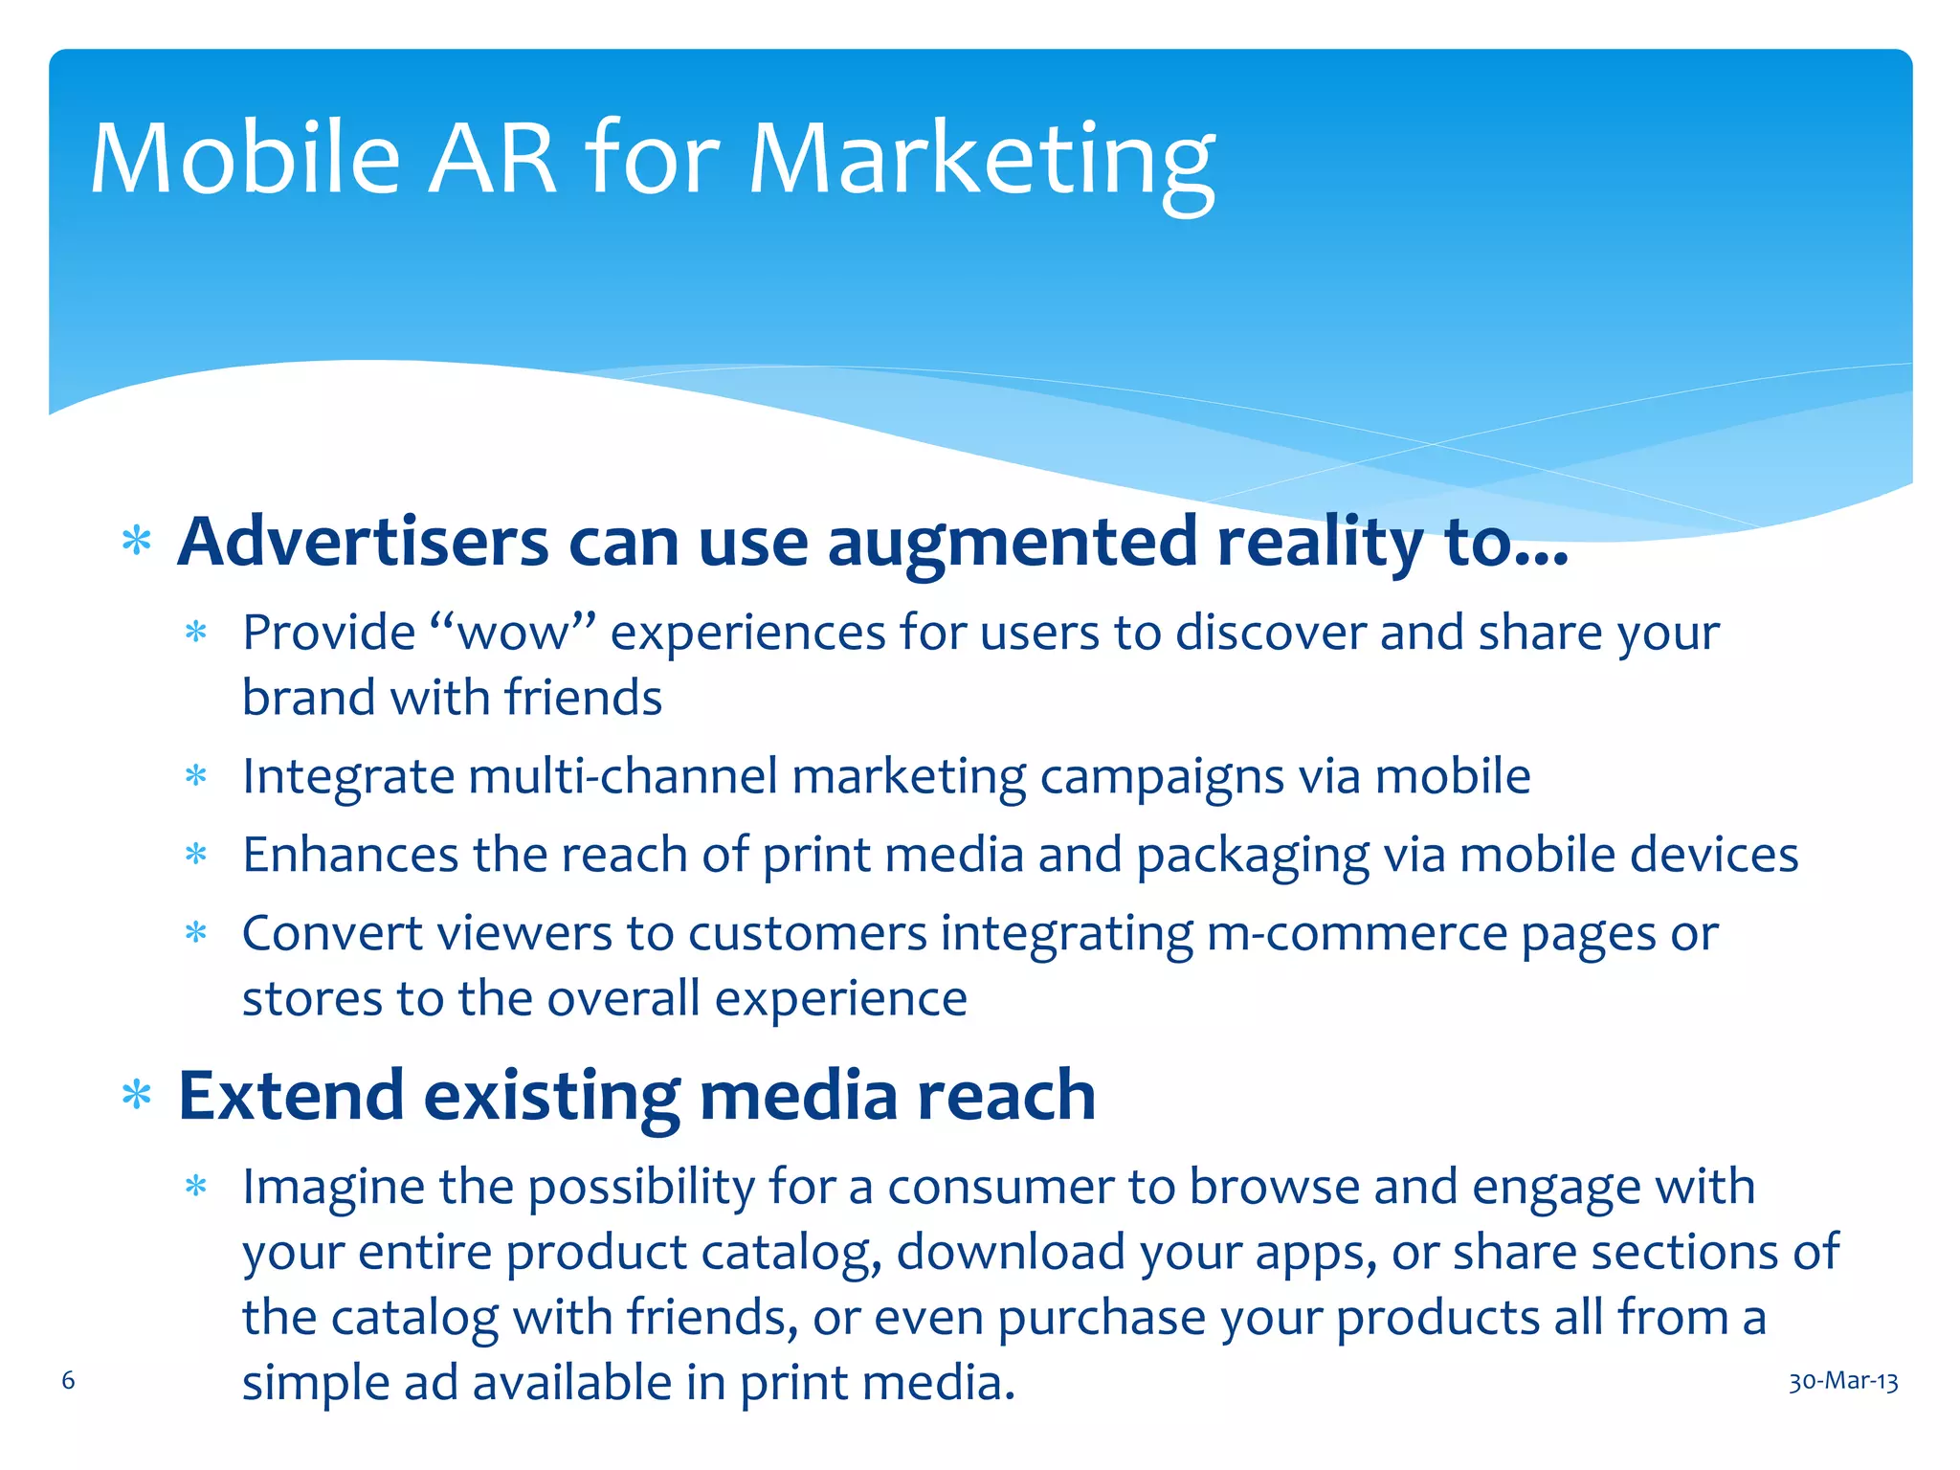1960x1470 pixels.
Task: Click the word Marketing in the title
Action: click(x=981, y=161)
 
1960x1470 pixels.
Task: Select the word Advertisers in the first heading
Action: click(x=363, y=543)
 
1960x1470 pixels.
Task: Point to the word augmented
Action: click(x=1012, y=543)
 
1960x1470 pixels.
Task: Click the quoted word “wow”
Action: click(x=513, y=634)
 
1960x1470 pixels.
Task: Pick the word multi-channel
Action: click(x=622, y=776)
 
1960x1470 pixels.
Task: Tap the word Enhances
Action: click(x=350, y=855)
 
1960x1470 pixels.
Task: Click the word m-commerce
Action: click(x=1357, y=934)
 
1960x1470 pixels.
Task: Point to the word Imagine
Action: click(x=333, y=1188)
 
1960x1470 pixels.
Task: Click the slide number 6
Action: click(x=68, y=1380)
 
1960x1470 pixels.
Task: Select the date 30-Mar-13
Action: click(x=1843, y=1382)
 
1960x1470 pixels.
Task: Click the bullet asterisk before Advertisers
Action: click(x=137, y=542)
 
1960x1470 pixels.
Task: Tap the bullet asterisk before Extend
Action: click(x=137, y=1095)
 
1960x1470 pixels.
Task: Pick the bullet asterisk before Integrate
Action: click(x=196, y=775)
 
